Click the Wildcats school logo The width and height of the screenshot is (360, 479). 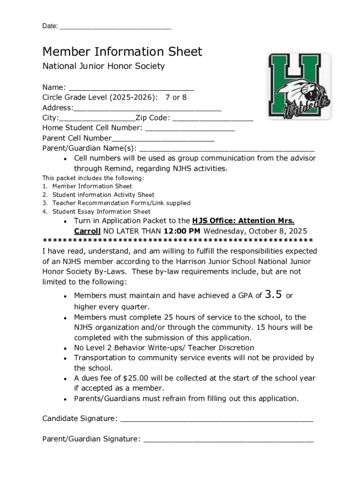click(x=300, y=87)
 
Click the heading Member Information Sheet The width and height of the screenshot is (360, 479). click(x=122, y=51)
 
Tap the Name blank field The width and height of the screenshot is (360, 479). click(x=131, y=88)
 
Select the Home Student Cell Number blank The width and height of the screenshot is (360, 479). click(x=190, y=129)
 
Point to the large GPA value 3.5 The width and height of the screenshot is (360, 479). click(x=273, y=295)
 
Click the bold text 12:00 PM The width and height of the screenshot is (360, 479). click(x=182, y=231)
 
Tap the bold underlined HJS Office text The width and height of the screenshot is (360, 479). click(x=243, y=221)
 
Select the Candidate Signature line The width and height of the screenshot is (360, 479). click(x=216, y=419)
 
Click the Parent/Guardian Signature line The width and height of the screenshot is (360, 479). click(x=228, y=439)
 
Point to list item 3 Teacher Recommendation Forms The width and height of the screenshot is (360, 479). click(x=121, y=203)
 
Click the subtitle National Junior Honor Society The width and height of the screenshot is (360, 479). click(x=103, y=66)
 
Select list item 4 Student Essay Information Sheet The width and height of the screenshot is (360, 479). click(x=101, y=211)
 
